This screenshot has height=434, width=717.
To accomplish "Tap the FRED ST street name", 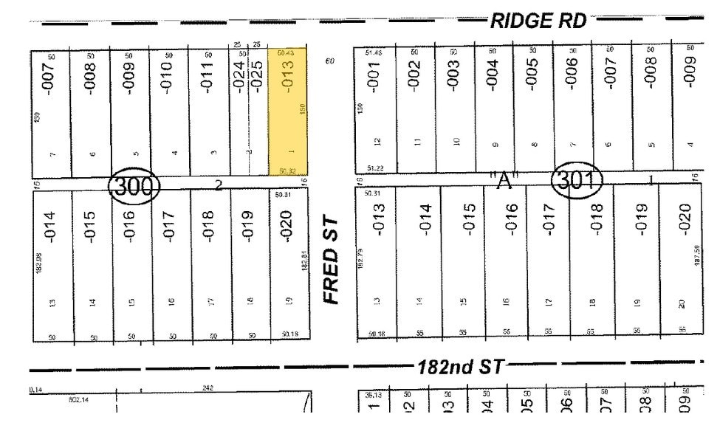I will point(332,259).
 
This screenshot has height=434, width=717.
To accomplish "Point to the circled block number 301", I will point(578,179).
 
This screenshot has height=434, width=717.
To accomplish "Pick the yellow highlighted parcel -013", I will point(288,111).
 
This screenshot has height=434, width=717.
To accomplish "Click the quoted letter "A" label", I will point(504,180).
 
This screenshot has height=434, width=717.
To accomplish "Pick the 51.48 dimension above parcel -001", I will point(374,52).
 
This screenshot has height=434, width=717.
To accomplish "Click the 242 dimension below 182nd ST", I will point(207,387).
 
